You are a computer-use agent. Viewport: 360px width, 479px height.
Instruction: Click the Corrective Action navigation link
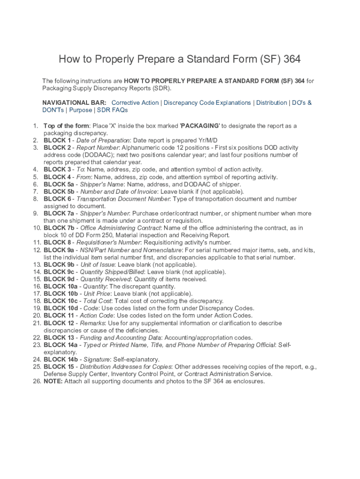coord(135,102)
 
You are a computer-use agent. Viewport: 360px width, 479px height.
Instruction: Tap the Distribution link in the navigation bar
coord(271,102)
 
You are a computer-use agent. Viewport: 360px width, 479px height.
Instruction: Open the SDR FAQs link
coord(112,110)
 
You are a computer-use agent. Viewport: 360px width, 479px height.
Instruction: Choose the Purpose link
coord(80,110)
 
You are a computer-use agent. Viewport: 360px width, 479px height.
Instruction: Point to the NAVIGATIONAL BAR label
coord(74,102)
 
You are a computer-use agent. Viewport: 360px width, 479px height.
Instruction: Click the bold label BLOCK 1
coord(58,140)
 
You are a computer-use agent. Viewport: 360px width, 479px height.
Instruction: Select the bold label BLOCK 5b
coord(59,191)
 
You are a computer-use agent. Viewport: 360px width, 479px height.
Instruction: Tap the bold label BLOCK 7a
coord(59,213)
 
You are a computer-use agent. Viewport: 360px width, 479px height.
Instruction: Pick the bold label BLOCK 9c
coord(59,272)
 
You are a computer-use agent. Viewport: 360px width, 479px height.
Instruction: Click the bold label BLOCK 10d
coord(61,308)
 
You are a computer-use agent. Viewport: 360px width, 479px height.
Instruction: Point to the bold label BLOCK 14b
coord(61,359)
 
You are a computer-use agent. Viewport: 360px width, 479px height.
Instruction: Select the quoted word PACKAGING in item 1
coord(200,126)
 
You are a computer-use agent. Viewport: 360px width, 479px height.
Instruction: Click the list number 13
coord(36,265)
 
